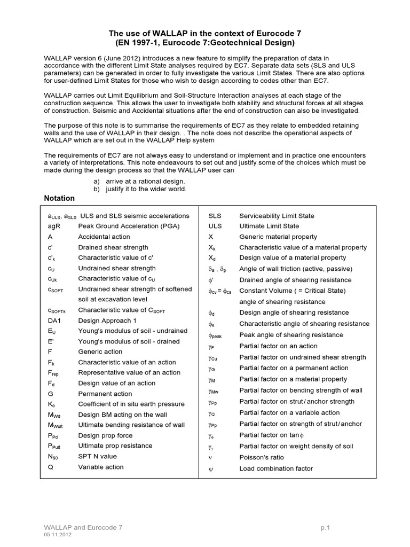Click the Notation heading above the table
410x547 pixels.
pyautogui.click(x=59, y=198)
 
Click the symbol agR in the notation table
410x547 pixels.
pyautogui.click(x=54, y=226)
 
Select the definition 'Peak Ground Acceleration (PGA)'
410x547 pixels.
pyautogui.click(x=129, y=226)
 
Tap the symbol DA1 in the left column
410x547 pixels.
pyautogui.click(x=55, y=321)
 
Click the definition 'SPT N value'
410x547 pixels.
pyautogui.click(x=97, y=456)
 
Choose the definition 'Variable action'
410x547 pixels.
pyautogui.click(x=101, y=467)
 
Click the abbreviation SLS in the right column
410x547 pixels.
pyautogui.click(x=215, y=216)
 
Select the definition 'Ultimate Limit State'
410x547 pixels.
pyautogui.click(x=269, y=226)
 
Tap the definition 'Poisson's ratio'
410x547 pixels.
pyautogui.click(x=262, y=457)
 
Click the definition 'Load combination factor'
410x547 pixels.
pyautogui.click(x=276, y=468)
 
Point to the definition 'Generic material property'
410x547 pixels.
pyautogui.click(x=278, y=237)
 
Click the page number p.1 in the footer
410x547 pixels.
pyautogui.click(x=326, y=528)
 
